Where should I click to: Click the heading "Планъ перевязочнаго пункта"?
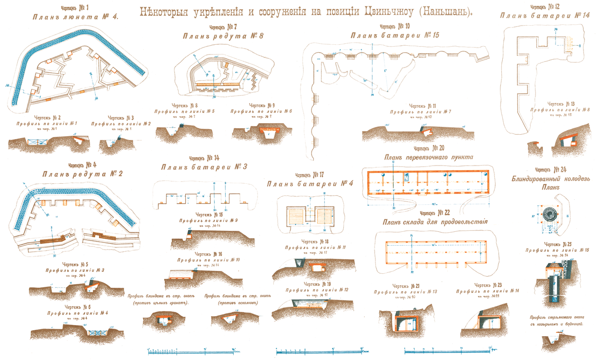coord(429,157)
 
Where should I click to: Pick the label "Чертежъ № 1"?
coord(75,7)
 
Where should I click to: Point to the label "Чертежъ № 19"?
coord(317,284)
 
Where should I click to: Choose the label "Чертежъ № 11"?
coord(423,106)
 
